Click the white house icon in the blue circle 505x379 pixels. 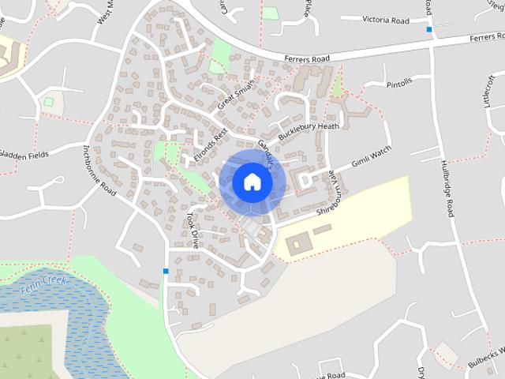[252, 182]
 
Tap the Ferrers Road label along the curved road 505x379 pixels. [309, 58]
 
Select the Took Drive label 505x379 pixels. [193, 230]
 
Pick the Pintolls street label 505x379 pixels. [400, 83]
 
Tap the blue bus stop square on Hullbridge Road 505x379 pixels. [429, 29]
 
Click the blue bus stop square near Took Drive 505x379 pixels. [166, 271]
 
